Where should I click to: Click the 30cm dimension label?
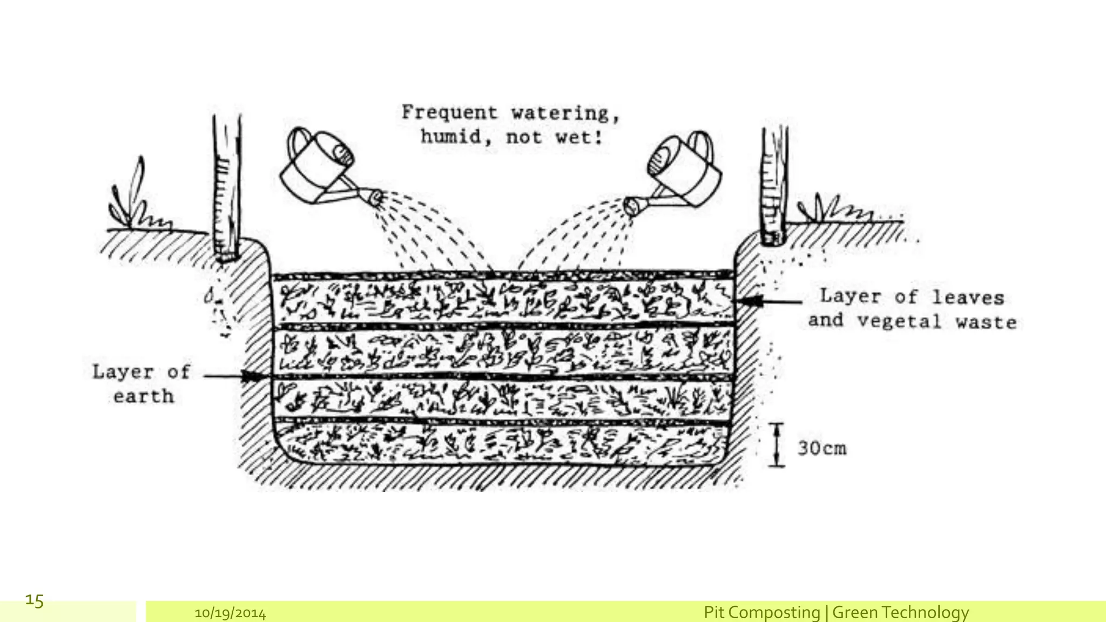(822, 448)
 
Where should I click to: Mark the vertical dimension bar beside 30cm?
(777, 444)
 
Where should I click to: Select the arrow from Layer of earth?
(232, 376)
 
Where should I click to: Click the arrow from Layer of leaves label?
(770, 301)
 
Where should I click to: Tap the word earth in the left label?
(144, 396)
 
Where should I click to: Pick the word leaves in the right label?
(968, 298)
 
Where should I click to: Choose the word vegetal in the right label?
(900, 321)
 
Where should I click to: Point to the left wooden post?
(226, 189)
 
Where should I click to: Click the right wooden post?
(775, 186)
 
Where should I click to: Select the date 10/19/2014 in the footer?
(230, 613)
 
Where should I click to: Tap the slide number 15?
(35, 600)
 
